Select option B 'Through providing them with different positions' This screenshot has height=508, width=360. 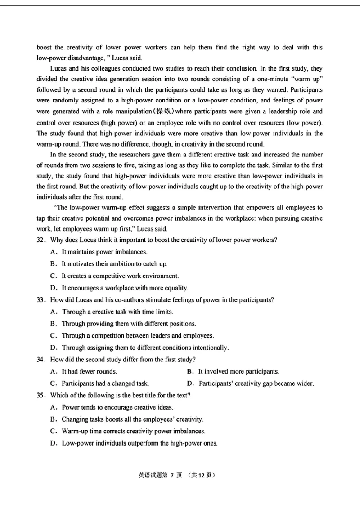click(128, 324)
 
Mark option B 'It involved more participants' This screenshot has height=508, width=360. click(238, 371)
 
